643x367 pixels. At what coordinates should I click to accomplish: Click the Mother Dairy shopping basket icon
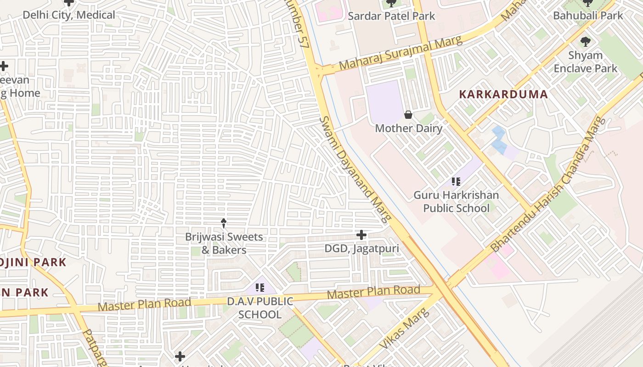pos(408,115)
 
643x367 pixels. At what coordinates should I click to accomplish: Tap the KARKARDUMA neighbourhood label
pos(503,95)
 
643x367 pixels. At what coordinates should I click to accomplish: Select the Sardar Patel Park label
pos(391,16)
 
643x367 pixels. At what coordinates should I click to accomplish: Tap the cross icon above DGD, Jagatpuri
pos(361,235)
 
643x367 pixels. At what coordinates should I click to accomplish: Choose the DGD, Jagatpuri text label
pos(361,249)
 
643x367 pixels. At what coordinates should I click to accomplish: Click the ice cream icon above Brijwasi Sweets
pos(224,223)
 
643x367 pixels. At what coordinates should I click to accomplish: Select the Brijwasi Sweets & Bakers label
pos(224,244)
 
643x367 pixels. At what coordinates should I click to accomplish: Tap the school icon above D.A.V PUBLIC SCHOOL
pos(260,288)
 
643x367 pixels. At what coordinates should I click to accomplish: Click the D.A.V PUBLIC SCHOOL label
pos(260,308)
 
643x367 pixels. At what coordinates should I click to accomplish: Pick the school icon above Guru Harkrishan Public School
pos(456,182)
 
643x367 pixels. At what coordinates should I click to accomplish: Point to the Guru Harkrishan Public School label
pos(456,201)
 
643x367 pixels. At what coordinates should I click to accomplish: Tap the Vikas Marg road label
pos(405,328)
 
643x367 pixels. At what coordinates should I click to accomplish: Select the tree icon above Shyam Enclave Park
pos(585,42)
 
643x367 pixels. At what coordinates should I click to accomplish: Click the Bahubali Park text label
pos(588,16)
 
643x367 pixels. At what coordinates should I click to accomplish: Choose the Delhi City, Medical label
pos(69,15)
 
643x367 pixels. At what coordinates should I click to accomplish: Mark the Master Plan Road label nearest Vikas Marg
pos(373,292)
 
